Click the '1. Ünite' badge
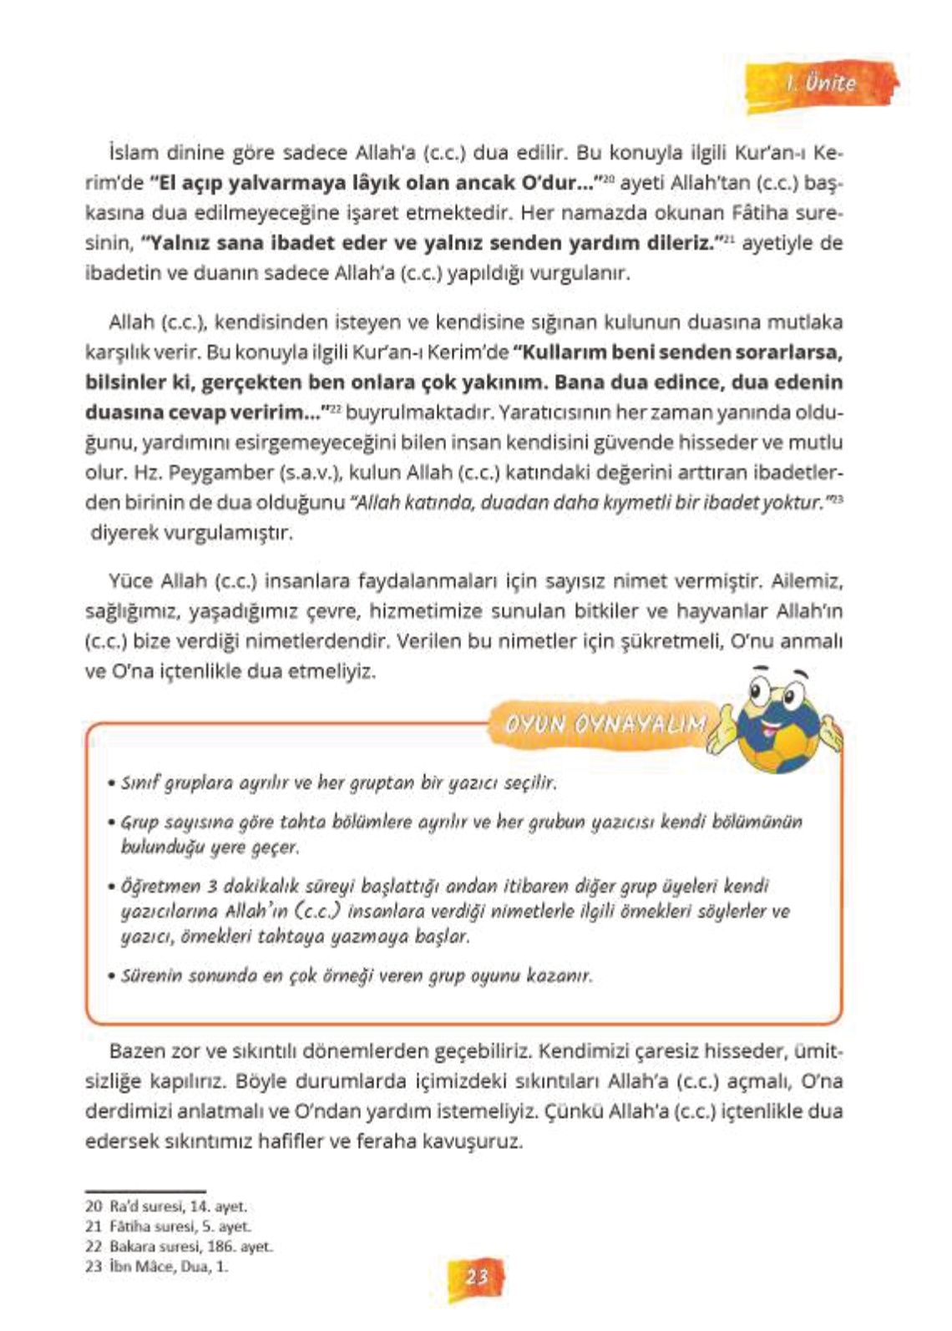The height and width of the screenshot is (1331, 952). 822,84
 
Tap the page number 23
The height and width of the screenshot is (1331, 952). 477,1277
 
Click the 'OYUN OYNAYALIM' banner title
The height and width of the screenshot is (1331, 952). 605,724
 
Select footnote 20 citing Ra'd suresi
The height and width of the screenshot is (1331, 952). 166,1207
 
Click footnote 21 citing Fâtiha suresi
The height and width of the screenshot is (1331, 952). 168,1227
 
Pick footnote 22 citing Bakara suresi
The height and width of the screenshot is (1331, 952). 179,1247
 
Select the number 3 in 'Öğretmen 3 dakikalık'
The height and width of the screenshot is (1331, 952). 212,886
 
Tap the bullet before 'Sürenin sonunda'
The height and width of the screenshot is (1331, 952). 111,976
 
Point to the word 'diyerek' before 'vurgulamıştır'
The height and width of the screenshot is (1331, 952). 124,533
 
